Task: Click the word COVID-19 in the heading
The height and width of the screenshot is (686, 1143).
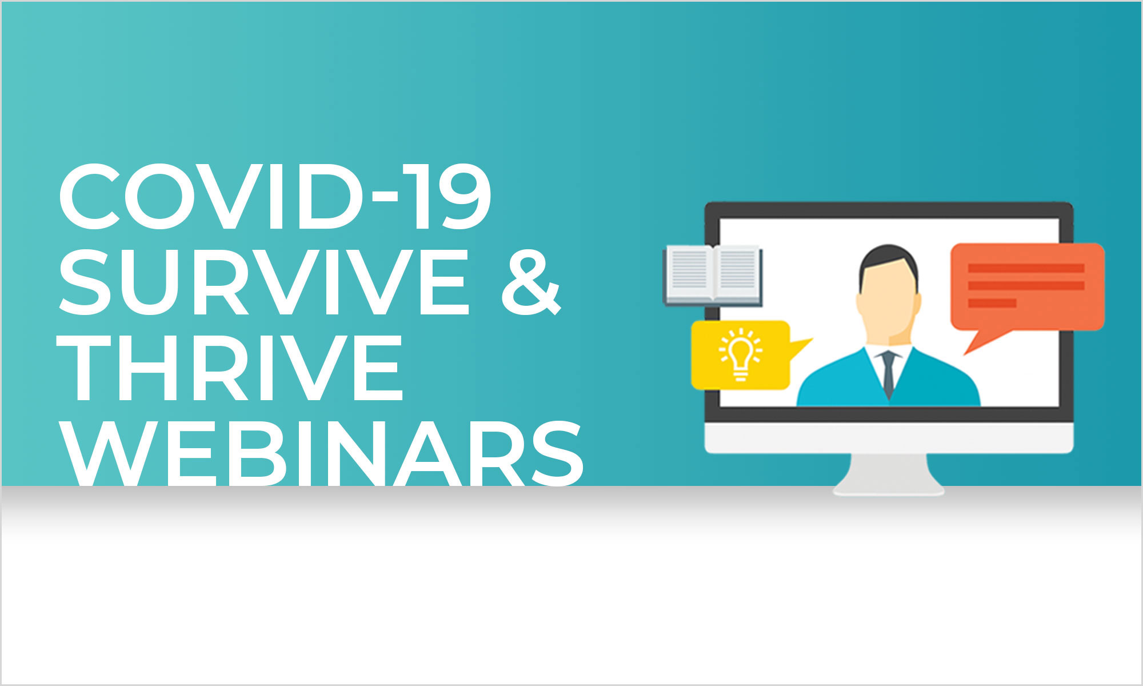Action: pos(275,197)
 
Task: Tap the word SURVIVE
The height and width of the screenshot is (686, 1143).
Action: pos(263,282)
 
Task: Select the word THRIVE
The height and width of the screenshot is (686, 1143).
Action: pos(231,368)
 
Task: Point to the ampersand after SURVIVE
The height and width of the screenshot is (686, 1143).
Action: pos(531,282)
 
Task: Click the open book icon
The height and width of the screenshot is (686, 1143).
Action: pos(713,274)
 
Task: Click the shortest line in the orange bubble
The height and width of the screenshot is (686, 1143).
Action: pos(992,303)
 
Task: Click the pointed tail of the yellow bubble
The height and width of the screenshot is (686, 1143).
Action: pos(800,348)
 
